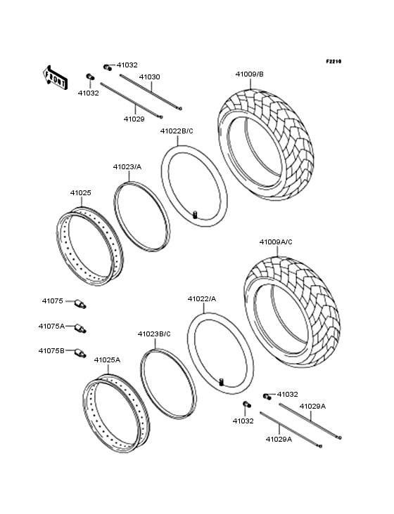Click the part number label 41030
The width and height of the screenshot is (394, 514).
point(149,77)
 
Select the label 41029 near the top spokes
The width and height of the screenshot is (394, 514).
point(134,119)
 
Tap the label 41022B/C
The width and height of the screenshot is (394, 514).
point(177,131)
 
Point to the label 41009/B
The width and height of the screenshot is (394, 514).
point(249,74)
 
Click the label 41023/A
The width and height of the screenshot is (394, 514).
point(127,166)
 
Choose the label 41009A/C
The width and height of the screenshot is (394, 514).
point(276,242)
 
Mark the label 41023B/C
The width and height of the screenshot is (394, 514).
point(153,334)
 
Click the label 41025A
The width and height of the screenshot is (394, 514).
point(107,360)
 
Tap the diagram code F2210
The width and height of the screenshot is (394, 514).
point(333,62)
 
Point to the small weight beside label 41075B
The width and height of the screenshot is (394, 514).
point(80,352)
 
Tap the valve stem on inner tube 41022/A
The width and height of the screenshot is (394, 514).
point(222,381)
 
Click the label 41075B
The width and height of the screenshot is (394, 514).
point(51,350)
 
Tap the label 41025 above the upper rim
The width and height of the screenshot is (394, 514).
point(80,192)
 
